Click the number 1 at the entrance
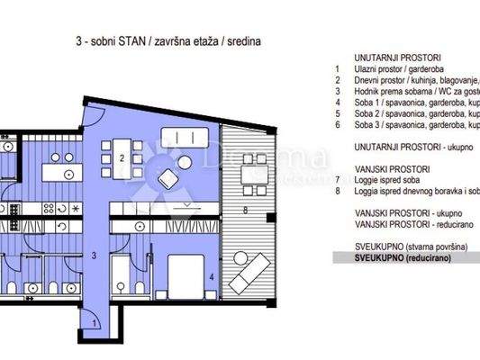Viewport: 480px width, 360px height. click(96, 323)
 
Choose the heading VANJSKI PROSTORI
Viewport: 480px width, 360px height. click(367, 168)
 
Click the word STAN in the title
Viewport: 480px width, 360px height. click(133, 40)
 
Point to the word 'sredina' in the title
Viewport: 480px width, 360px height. click(249, 40)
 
